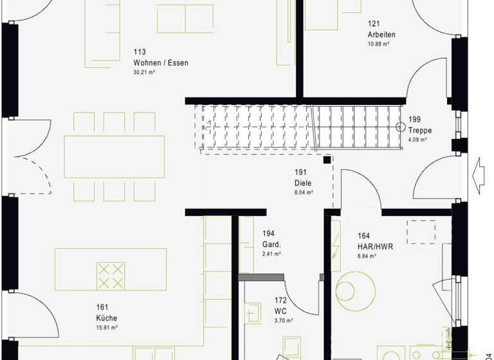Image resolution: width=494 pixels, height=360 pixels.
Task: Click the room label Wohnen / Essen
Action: [160, 63]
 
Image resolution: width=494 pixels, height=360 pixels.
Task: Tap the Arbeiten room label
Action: [381, 35]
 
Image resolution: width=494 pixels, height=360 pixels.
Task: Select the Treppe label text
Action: [419, 130]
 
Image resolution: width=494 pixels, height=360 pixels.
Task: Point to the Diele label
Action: [303, 183]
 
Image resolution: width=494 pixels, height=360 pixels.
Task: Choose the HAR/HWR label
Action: [375, 246]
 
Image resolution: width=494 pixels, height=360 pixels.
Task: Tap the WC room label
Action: [280, 310]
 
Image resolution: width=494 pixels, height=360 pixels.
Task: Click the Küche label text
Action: [107, 318]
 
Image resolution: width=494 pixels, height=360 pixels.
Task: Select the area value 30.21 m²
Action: [145, 73]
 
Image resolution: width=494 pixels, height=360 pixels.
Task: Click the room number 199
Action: [414, 120]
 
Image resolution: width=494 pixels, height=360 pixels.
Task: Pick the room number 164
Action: [363, 236]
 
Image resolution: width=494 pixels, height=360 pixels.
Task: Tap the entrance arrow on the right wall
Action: [478, 173]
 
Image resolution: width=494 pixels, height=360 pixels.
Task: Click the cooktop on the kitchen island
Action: [109, 275]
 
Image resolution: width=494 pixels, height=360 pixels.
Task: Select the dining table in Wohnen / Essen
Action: [114, 156]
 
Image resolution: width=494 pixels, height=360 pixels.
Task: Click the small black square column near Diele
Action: [327, 160]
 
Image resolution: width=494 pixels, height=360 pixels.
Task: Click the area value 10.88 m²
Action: [379, 44]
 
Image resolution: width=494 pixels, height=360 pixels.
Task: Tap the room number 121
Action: [372, 24]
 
